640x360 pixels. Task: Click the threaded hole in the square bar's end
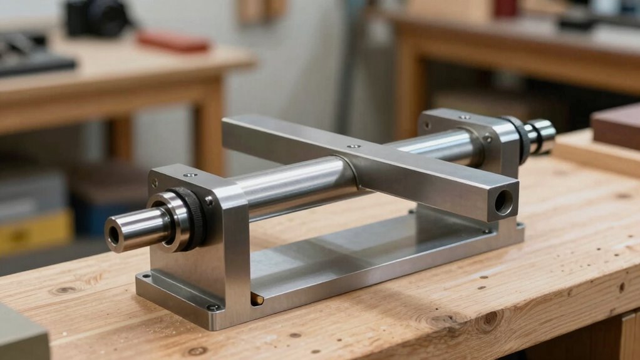tap(503, 202)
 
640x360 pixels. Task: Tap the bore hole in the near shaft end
tap(113, 235)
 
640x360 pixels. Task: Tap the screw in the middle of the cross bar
tap(353, 147)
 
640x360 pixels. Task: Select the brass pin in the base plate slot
tap(257, 299)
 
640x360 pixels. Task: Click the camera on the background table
tap(97, 17)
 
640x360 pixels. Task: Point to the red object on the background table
tap(173, 41)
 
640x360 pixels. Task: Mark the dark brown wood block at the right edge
tap(616, 125)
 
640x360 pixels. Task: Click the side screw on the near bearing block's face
tap(209, 202)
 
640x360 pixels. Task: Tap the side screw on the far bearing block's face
tap(487, 138)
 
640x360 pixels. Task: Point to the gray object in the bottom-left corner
tap(22, 335)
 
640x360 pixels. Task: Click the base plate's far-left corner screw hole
tap(145, 276)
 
